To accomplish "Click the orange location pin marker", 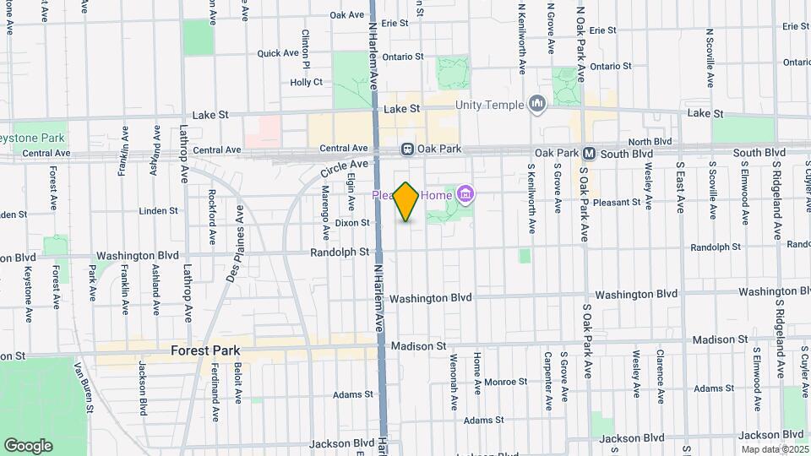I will click(406, 202).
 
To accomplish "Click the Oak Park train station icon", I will click(407, 149).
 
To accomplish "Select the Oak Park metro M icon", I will click(590, 153).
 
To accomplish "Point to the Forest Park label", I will click(205, 350).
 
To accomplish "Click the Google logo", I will click(28, 445).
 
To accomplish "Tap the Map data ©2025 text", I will click(775, 449).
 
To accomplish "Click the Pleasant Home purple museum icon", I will click(464, 196).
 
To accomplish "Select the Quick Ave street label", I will click(279, 53).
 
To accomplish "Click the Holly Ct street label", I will click(307, 82).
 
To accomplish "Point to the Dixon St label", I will click(352, 223).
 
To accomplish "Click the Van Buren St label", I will click(83, 388).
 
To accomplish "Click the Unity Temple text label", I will click(490, 105).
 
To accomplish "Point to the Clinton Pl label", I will click(307, 50).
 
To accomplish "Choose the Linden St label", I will click(159, 211).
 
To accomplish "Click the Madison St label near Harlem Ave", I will click(417, 346).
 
